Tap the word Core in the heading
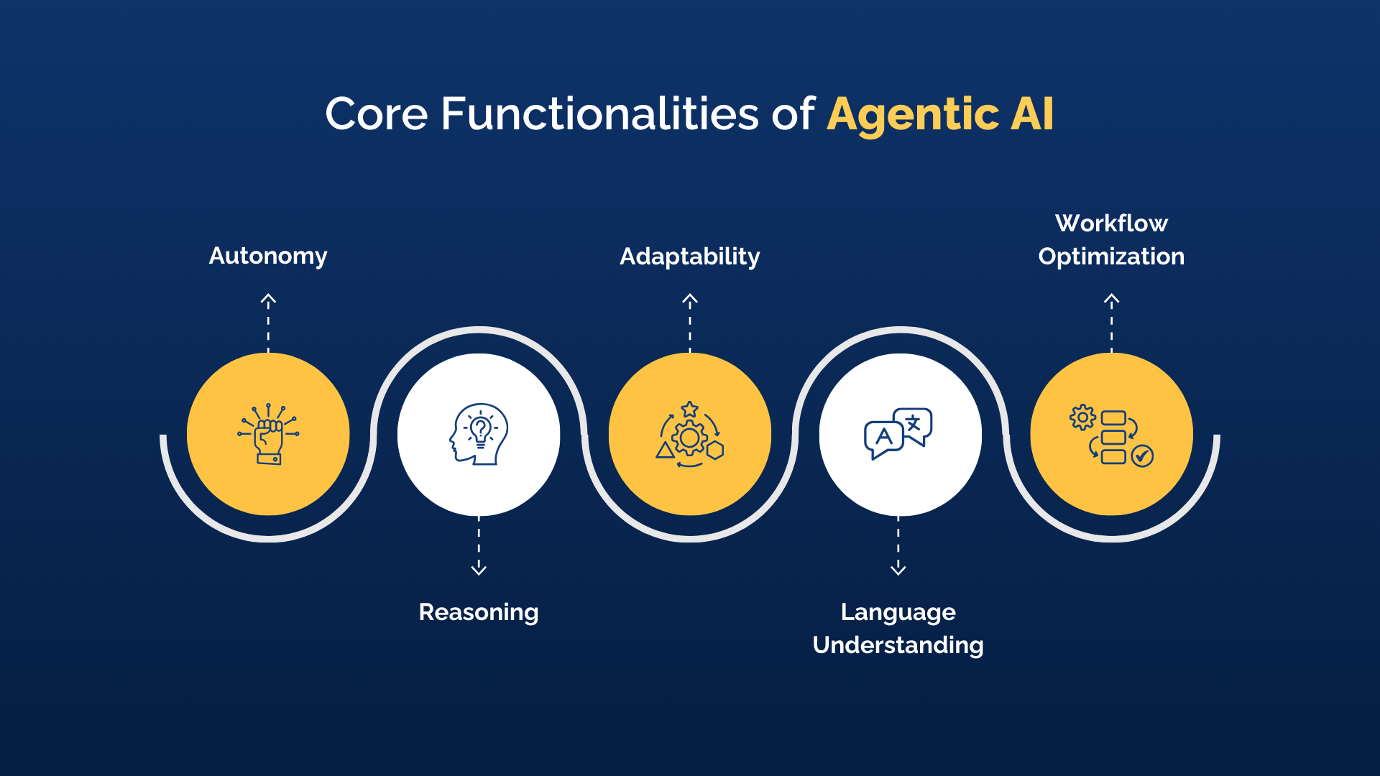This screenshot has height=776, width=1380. (x=377, y=115)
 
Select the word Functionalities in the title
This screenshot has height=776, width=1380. (x=599, y=115)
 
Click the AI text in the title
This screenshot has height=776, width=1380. (x=1032, y=115)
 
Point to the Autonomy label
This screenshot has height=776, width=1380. (x=268, y=256)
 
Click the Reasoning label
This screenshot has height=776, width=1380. (x=479, y=612)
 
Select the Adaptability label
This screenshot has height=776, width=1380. (x=690, y=257)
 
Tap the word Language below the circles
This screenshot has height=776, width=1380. (x=898, y=612)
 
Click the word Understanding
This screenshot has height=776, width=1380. (x=898, y=645)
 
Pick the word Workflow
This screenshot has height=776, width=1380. (x=1111, y=223)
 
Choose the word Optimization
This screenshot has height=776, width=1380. (x=1111, y=257)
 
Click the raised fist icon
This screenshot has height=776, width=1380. (x=268, y=434)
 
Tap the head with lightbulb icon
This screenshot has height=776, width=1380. (x=479, y=434)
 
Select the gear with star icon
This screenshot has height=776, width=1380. (x=690, y=434)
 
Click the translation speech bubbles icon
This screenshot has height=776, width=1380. (x=898, y=433)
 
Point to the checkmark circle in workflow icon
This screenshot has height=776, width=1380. (x=1142, y=456)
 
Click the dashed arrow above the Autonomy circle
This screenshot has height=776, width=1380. (x=268, y=321)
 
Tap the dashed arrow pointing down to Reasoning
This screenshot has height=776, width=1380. (x=479, y=546)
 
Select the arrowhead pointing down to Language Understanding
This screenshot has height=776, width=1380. (x=898, y=569)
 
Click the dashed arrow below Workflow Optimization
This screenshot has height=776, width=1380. (x=1111, y=321)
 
